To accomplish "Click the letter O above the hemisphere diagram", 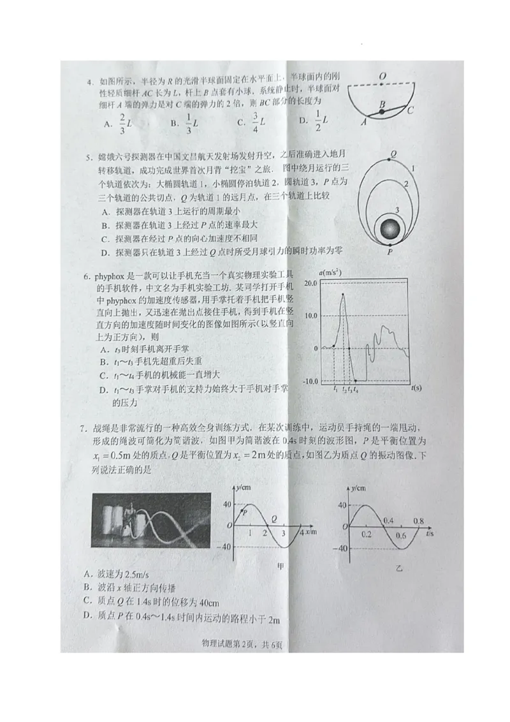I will coord(382,77).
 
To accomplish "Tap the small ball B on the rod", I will coord(381,112).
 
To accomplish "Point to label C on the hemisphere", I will coord(411,110).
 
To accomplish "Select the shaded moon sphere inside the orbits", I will coord(390,229).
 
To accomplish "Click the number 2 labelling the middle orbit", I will coord(405,184).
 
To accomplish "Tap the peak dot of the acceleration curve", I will coord(344,294).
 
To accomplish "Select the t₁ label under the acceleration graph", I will coord(335,388).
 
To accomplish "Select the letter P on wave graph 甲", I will coord(245,512).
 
